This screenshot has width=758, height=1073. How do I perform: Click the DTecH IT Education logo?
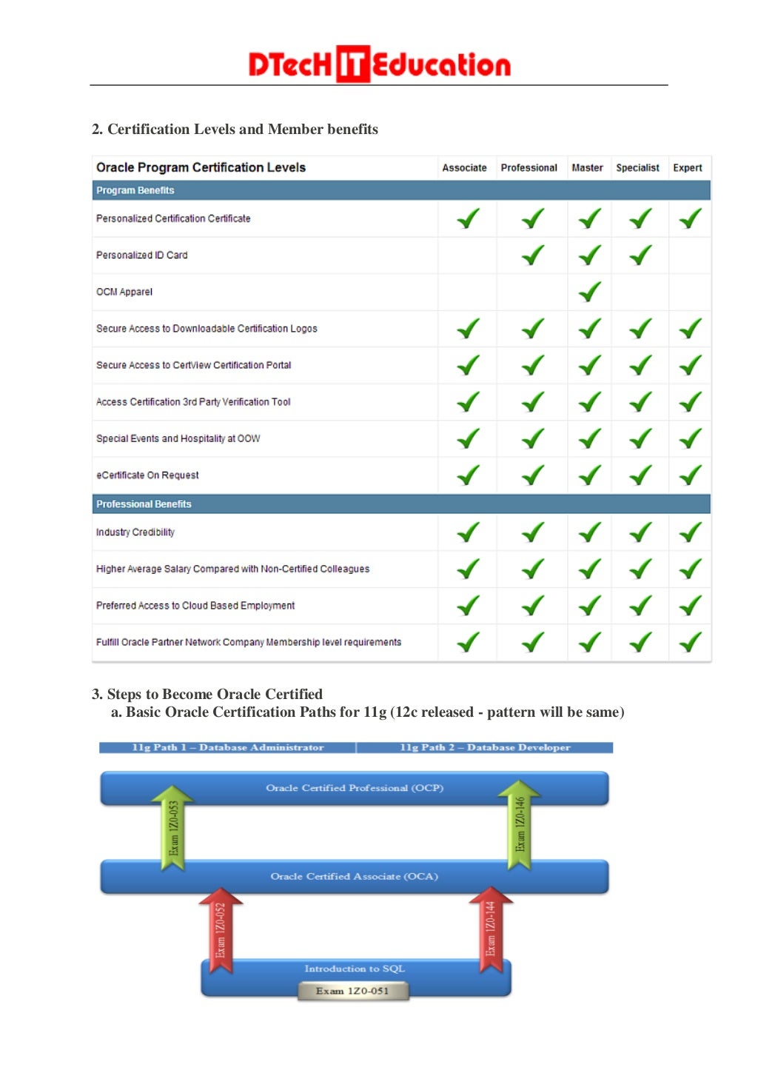click(x=379, y=64)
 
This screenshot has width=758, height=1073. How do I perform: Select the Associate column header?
click(x=464, y=168)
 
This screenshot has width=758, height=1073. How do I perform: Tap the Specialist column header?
click(x=637, y=168)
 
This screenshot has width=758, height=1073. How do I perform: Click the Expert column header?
click(x=687, y=168)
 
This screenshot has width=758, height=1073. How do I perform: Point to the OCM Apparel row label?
click(x=124, y=292)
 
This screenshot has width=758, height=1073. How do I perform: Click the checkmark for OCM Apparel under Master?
click(x=589, y=292)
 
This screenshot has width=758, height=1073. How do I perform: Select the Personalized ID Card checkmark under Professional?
click(x=532, y=255)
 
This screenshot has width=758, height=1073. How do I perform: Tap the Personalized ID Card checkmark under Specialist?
click(x=640, y=255)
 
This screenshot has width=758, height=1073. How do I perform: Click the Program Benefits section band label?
click(x=135, y=190)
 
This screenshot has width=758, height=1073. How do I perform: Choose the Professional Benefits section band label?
click(x=144, y=504)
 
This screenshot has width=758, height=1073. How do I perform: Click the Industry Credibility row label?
click(x=135, y=532)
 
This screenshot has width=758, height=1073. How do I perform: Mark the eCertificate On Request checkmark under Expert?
click(x=690, y=475)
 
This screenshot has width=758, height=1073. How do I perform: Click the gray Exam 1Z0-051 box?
click(x=353, y=991)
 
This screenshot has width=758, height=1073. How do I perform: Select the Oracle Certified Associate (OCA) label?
click(x=354, y=877)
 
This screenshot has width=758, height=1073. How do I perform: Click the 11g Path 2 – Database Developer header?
click(x=485, y=748)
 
